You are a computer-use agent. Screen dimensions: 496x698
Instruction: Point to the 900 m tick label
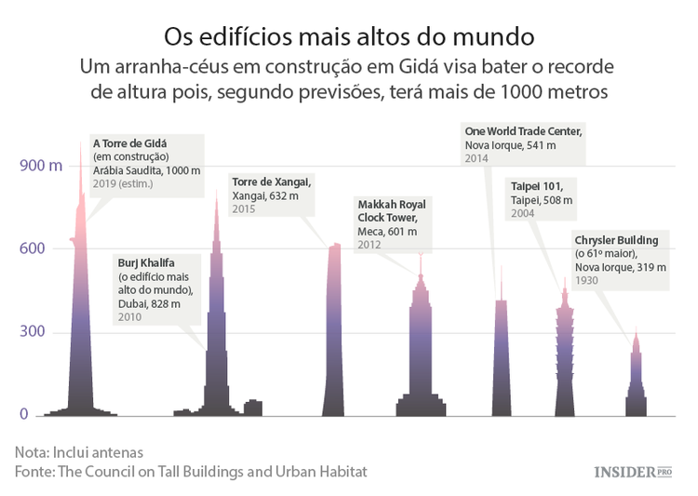click(x=41, y=166)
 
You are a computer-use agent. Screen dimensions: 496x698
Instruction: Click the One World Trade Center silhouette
click(x=501, y=363)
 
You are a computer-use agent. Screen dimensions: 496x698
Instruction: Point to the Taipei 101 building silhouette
click(x=564, y=363)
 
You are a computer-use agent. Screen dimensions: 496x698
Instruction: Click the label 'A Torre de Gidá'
click(x=129, y=143)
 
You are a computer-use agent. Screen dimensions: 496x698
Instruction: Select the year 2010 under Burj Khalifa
click(x=130, y=317)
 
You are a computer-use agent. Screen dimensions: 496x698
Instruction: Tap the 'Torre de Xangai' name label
click(x=271, y=181)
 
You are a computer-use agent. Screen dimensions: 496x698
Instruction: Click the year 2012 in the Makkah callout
click(x=369, y=245)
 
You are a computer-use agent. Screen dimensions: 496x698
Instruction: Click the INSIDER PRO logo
click(x=633, y=472)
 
